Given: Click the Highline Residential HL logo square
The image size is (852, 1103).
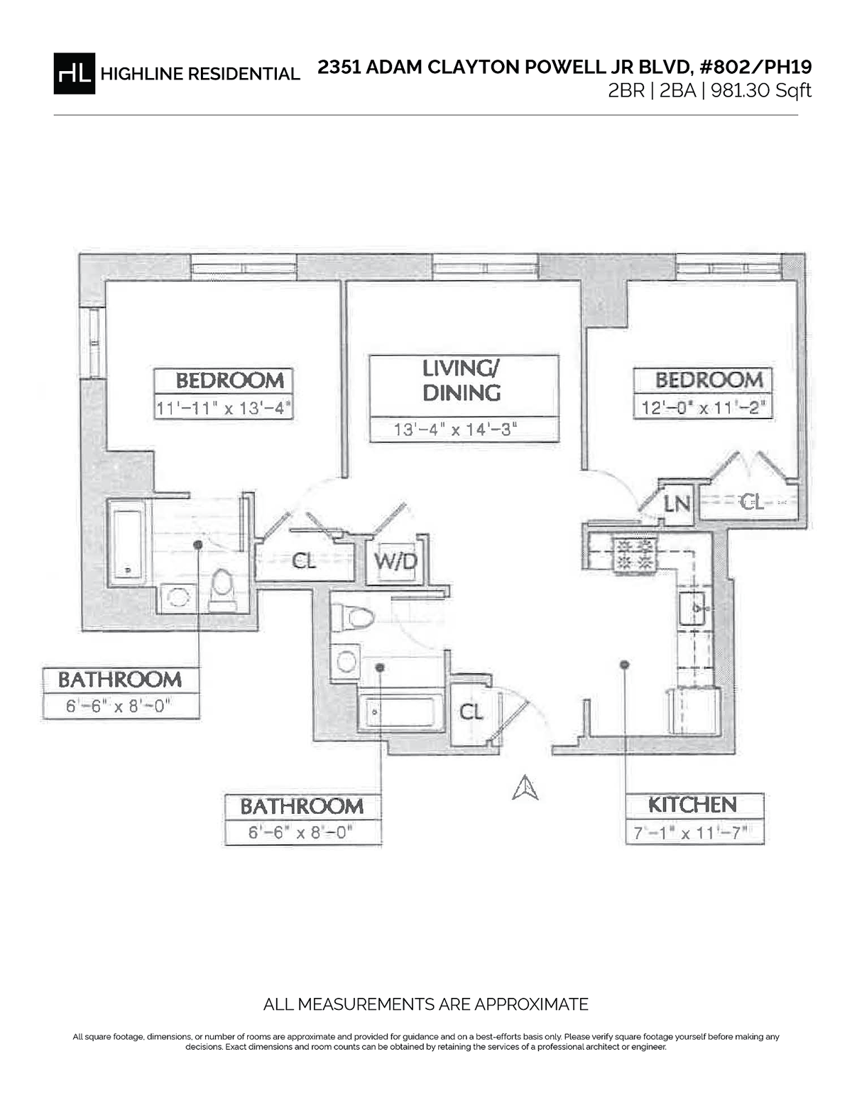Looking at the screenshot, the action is pyautogui.click(x=74, y=74).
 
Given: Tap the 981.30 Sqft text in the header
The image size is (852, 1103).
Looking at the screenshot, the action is pyautogui.click(x=760, y=91).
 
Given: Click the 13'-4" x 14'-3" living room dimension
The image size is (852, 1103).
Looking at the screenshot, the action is pyautogui.click(x=455, y=430).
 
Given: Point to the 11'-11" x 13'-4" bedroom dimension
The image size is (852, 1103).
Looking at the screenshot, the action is pyautogui.click(x=224, y=408).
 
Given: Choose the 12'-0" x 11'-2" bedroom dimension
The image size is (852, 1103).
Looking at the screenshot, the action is pyautogui.click(x=703, y=408).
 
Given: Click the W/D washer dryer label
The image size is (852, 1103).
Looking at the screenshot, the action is pyautogui.click(x=395, y=561).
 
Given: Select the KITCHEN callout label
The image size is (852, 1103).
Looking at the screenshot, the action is pyautogui.click(x=692, y=805).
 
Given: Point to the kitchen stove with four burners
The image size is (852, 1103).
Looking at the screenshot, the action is pyautogui.click(x=633, y=554).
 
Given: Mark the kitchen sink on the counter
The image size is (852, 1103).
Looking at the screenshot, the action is pyautogui.click(x=693, y=608).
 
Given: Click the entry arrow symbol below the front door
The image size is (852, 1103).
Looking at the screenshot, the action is pyautogui.click(x=525, y=788).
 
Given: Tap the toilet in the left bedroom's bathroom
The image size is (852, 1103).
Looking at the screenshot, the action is pyautogui.click(x=222, y=589).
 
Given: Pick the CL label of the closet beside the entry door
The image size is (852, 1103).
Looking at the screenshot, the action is pyautogui.click(x=471, y=712).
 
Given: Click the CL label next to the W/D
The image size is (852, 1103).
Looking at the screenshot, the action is pyautogui.click(x=304, y=561).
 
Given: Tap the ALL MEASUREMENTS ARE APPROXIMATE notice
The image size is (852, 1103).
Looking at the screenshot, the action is pyautogui.click(x=426, y=1004).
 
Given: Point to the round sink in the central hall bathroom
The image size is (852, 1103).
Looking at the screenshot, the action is pyautogui.click(x=346, y=661).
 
